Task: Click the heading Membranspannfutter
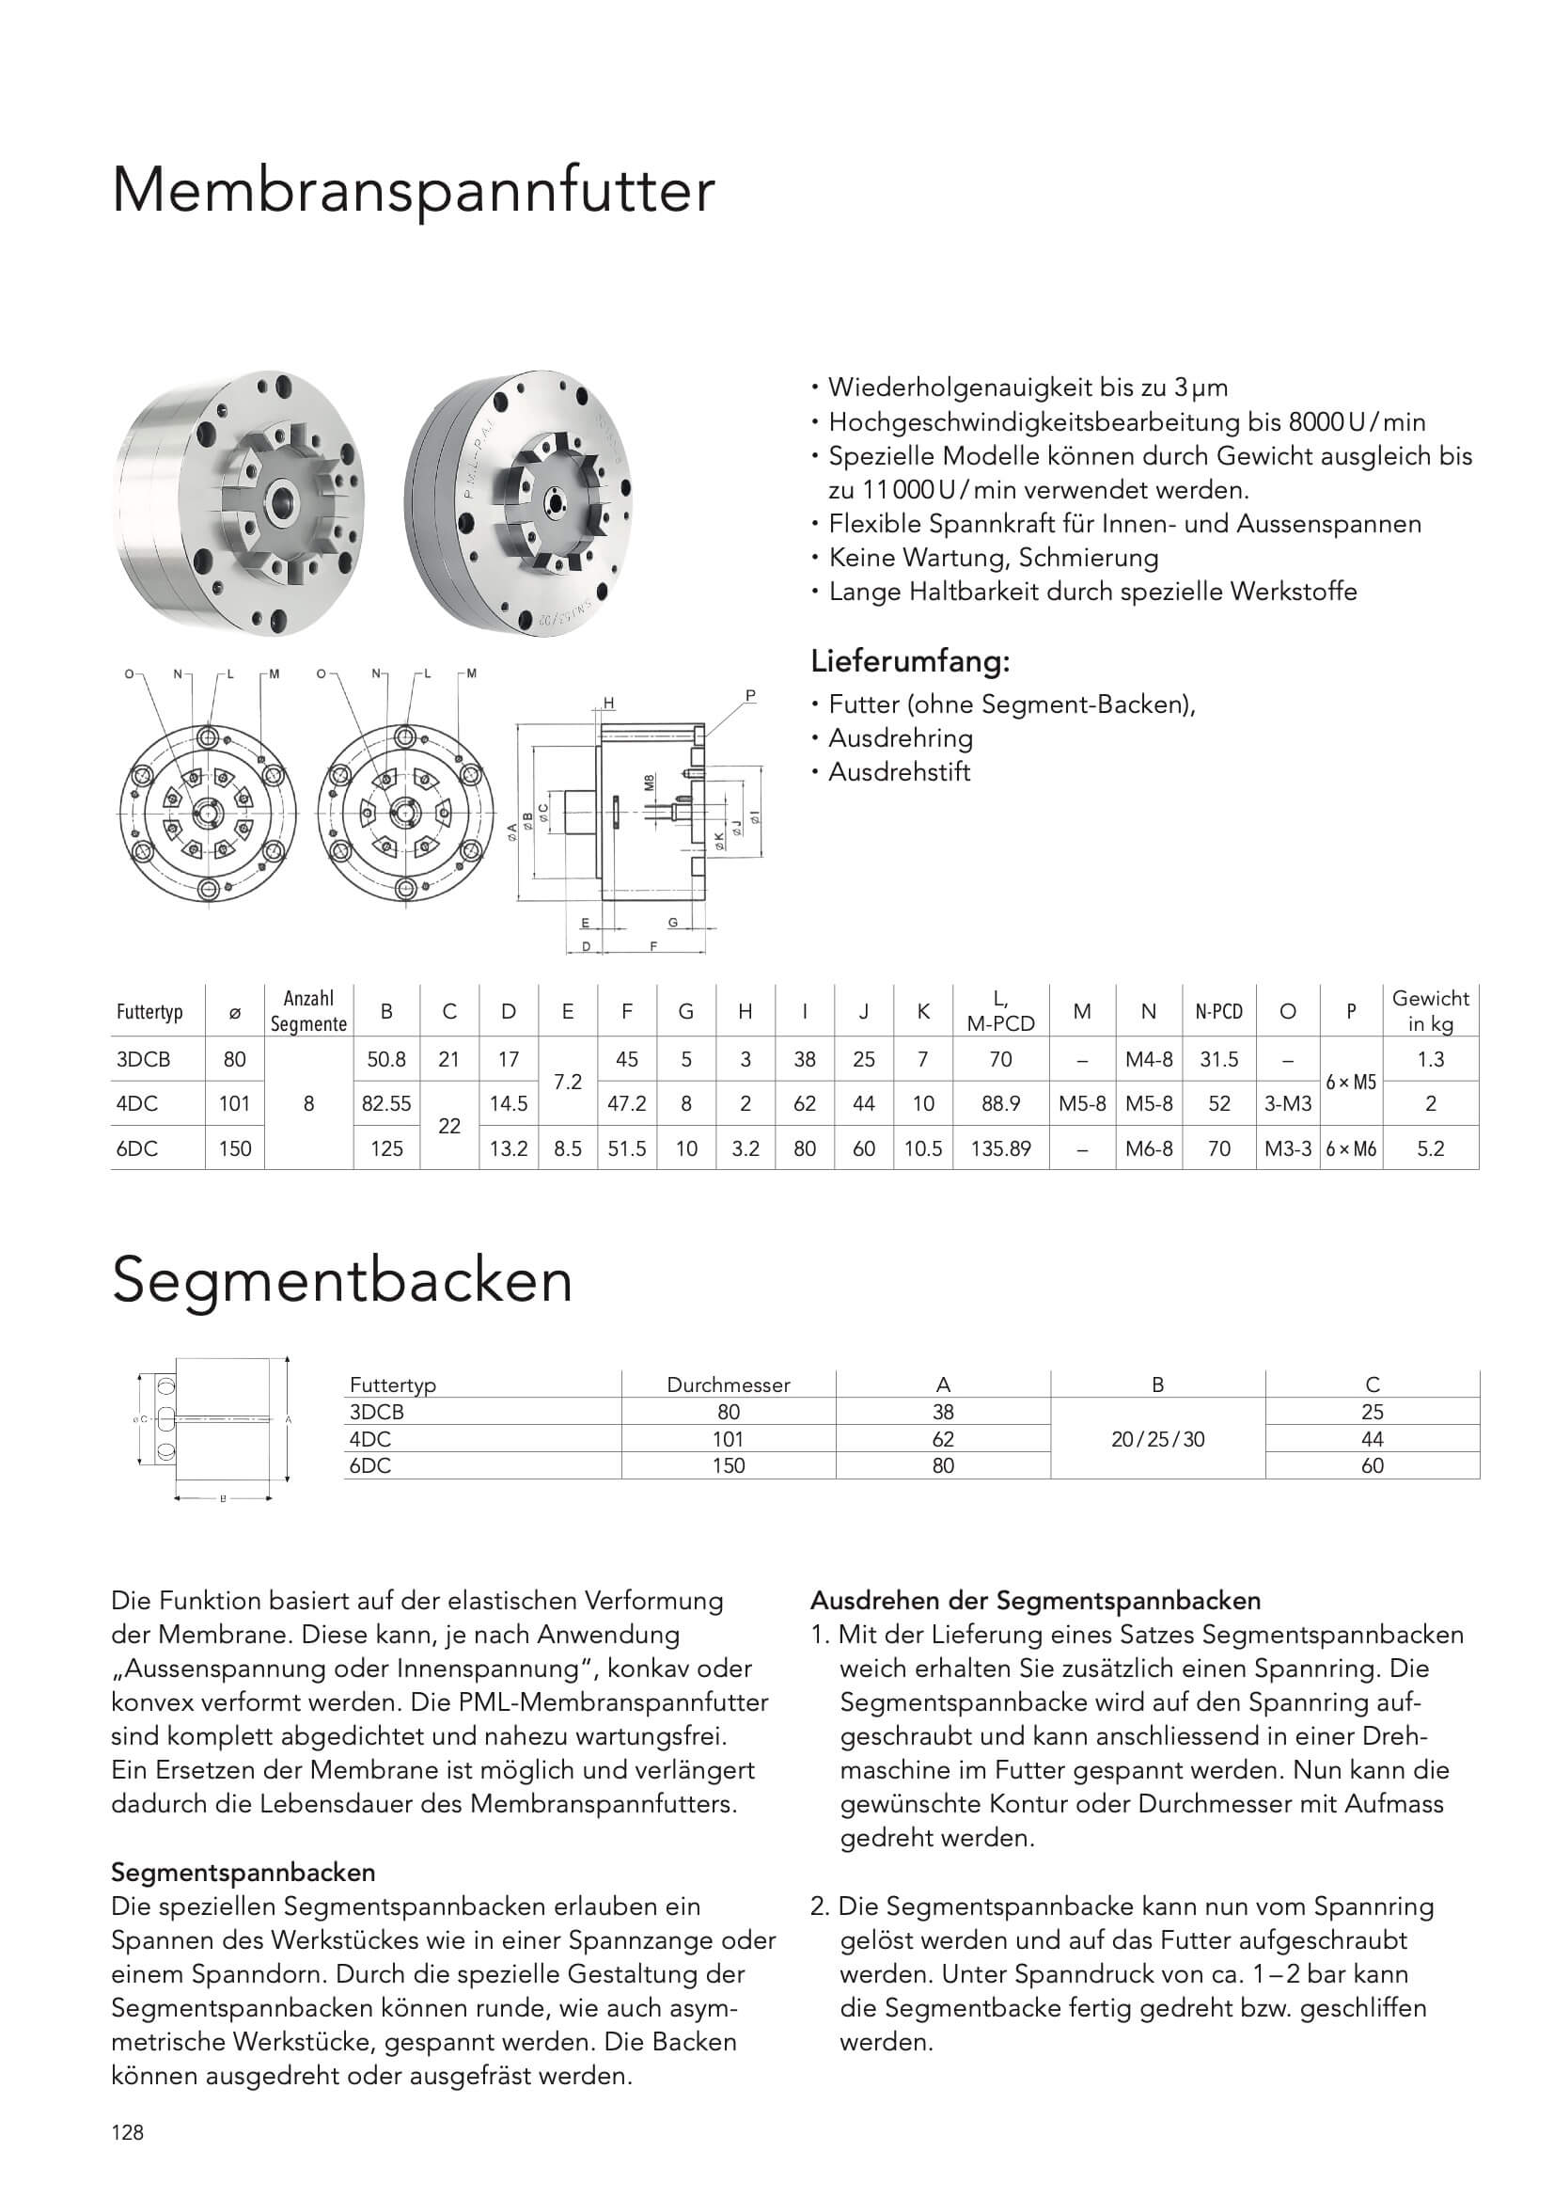click(x=413, y=192)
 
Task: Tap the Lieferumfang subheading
click(x=910, y=661)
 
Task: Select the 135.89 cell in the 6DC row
click(x=999, y=1148)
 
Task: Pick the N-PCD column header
click(x=1218, y=1011)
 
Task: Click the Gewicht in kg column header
click(x=1430, y=1010)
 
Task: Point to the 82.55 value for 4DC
click(x=385, y=1103)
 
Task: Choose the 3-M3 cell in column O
click(x=1287, y=1103)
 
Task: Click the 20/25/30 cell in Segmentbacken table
click(x=1156, y=1438)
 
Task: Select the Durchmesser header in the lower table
click(x=728, y=1384)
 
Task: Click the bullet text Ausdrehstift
click(x=899, y=772)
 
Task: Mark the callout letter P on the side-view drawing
click(x=749, y=695)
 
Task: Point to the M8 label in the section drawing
click(x=650, y=783)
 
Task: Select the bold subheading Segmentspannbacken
click(x=243, y=1873)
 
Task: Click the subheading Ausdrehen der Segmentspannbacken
click(x=1035, y=1601)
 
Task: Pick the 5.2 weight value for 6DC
click(x=1430, y=1148)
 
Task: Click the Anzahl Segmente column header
click(x=308, y=1011)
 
